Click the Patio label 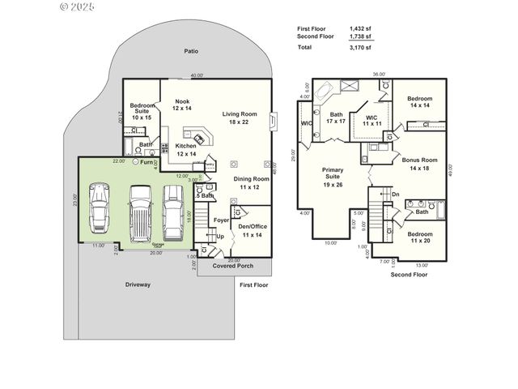pos(191,51)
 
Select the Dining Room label pos(251,182)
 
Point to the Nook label pos(182,105)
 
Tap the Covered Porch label pos(233,266)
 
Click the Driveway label pos(138,284)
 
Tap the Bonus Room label pos(419,165)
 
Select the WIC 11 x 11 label pos(372,120)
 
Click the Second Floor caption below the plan pos(408,275)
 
